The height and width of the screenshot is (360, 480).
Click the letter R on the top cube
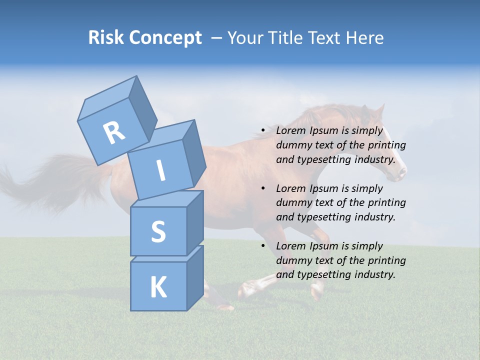tap(113, 133)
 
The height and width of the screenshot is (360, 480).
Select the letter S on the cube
tap(158, 232)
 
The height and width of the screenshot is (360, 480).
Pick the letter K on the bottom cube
tap(158, 287)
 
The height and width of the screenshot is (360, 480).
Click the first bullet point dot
tap(263, 131)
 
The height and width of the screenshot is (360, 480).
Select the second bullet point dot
tap(263, 188)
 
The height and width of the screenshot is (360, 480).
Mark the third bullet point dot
tap(263, 246)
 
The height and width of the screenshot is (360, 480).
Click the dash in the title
tap(217, 37)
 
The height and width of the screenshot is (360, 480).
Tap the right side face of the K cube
tap(195, 277)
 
